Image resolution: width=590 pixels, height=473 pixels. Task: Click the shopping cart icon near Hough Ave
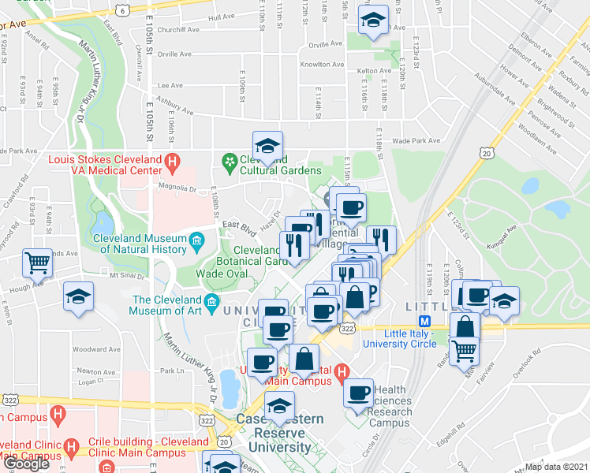click(x=37, y=263)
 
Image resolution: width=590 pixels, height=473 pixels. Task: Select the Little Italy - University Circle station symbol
click(x=424, y=321)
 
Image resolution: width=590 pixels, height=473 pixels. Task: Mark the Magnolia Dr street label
click(x=177, y=188)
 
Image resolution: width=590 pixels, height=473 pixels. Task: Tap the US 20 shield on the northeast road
click(x=487, y=152)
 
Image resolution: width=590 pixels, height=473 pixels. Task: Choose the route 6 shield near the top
click(x=122, y=9)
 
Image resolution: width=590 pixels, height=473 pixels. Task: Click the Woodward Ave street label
click(x=101, y=348)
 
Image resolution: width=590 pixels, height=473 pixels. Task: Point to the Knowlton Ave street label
click(x=326, y=65)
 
